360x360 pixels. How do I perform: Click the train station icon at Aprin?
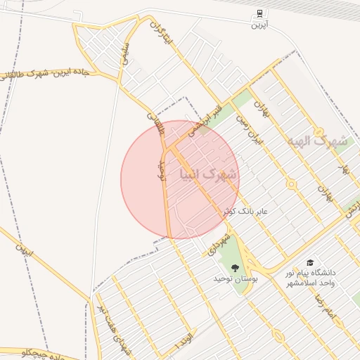pos(260,13)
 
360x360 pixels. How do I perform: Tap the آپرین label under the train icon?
pos(260,25)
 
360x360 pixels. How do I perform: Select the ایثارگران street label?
pos(162,34)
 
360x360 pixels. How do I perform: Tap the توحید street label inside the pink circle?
pos(161,168)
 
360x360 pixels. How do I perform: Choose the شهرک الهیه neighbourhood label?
pos(317,141)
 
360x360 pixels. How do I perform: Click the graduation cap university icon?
pos(310,262)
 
